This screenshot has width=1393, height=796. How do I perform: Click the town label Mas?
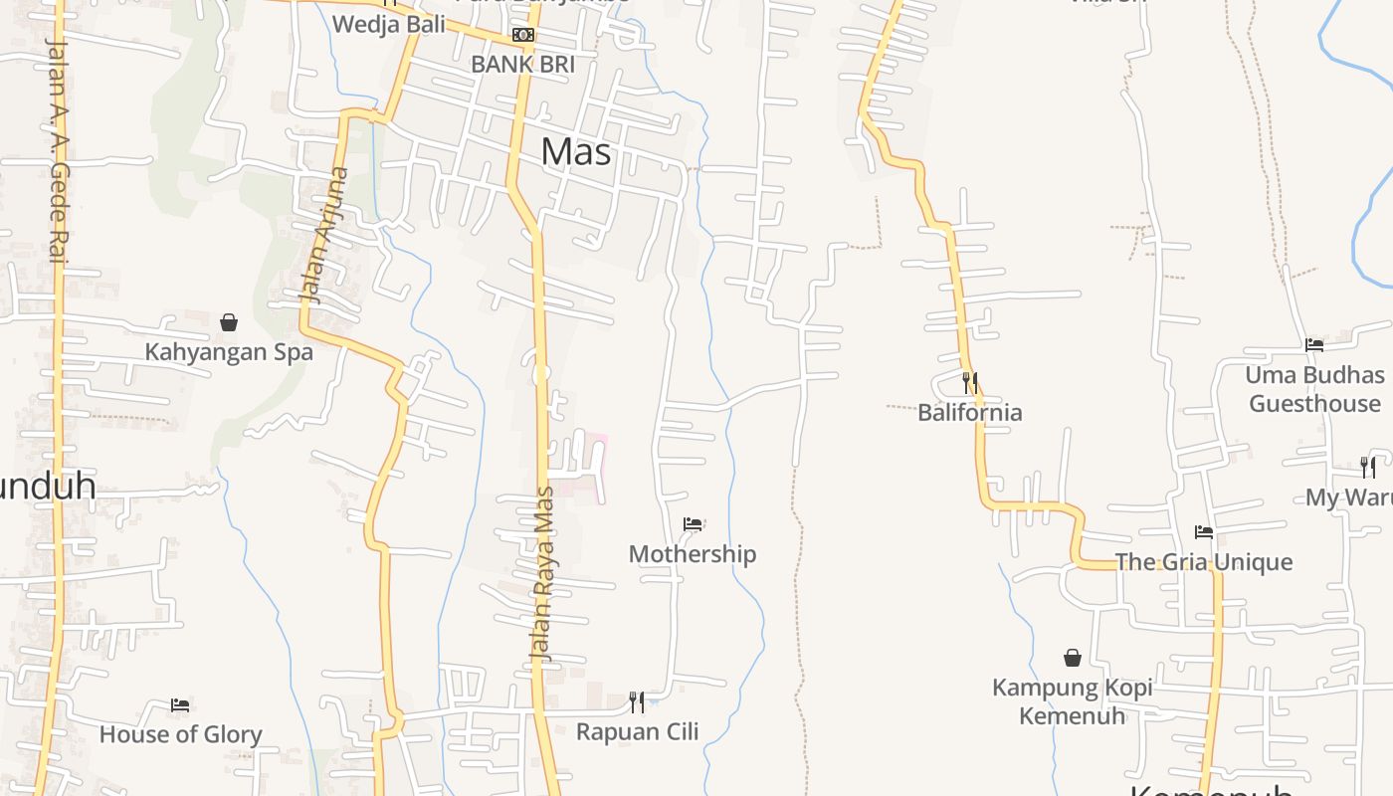pyautogui.click(x=576, y=152)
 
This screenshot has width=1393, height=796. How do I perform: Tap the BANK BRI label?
pyautogui.click(x=522, y=65)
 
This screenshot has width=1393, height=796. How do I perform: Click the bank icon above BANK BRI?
pyautogui.click(x=522, y=35)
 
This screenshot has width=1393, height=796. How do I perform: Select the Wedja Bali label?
pyautogui.click(x=388, y=24)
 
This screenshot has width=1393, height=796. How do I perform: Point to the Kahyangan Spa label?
pyautogui.click(x=229, y=352)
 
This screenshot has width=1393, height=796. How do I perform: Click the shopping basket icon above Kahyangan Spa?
pyautogui.click(x=229, y=322)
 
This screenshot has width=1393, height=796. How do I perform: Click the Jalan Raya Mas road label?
pyautogui.click(x=542, y=574)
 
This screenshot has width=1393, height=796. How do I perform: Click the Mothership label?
pyautogui.click(x=693, y=554)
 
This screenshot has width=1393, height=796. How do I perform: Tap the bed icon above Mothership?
pyautogui.click(x=693, y=524)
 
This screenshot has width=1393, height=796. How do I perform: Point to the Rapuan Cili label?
pyautogui.click(x=638, y=732)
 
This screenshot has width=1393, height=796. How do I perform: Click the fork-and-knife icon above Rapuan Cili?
pyautogui.click(x=637, y=702)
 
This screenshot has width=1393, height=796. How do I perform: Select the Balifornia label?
pyautogui.click(x=970, y=412)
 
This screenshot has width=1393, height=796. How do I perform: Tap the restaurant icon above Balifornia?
pyautogui.click(x=970, y=382)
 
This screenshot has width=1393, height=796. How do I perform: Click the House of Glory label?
pyautogui.click(x=180, y=735)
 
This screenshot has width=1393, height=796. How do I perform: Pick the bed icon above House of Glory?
pyautogui.click(x=180, y=705)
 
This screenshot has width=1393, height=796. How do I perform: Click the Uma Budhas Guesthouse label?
pyautogui.click(x=1315, y=389)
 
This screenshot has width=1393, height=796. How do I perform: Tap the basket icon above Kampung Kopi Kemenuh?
pyautogui.click(x=1073, y=658)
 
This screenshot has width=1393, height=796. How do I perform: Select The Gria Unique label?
pyautogui.click(x=1204, y=562)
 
